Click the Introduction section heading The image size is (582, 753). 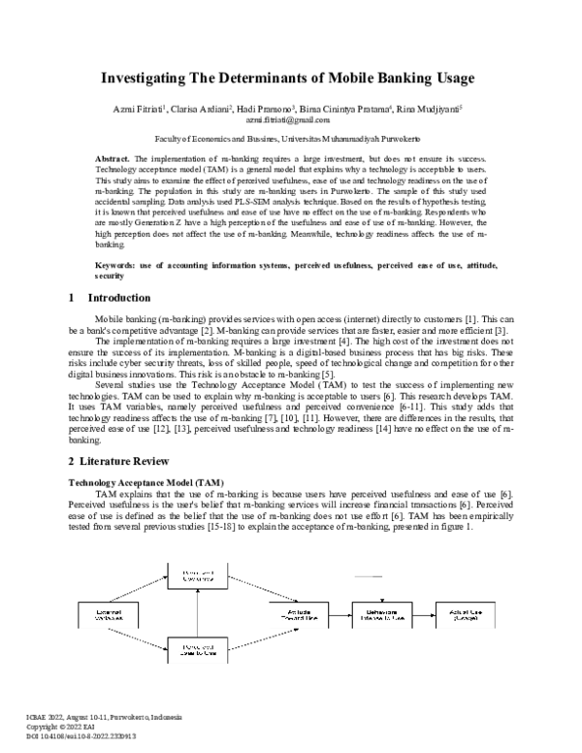click(x=118, y=298)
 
